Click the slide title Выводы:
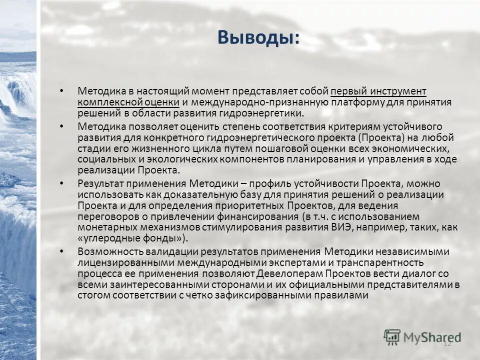(x=259, y=37)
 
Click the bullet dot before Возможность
(x=61, y=251)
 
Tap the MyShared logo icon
(x=392, y=336)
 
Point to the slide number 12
(x=447, y=343)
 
